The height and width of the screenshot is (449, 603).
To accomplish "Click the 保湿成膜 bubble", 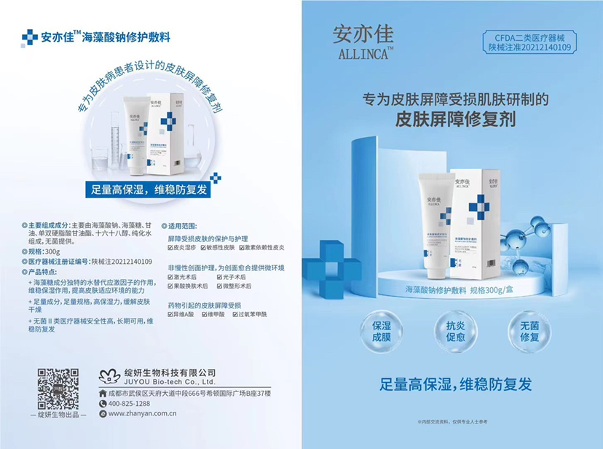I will pyautogui.click(x=387, y=332).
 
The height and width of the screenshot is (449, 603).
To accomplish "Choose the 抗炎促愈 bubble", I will pyautogui.click(x=455, y=332).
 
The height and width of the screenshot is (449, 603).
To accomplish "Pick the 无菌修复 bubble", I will pyautogui.click(x=529, y=332).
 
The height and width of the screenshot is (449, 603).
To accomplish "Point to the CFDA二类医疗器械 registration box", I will pyautogui.click(x=529, y=42).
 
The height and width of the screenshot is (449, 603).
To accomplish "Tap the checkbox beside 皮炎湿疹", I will pyautogui.click(x=171, y=248).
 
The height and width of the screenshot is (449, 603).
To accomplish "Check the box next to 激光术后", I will pyautogui.click(x=171, y=277).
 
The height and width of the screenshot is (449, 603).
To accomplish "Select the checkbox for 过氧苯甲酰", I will pyautogui.click(x=235, y=314).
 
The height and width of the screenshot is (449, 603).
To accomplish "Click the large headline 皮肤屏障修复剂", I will pyautogui.click(x=455, y=117).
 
